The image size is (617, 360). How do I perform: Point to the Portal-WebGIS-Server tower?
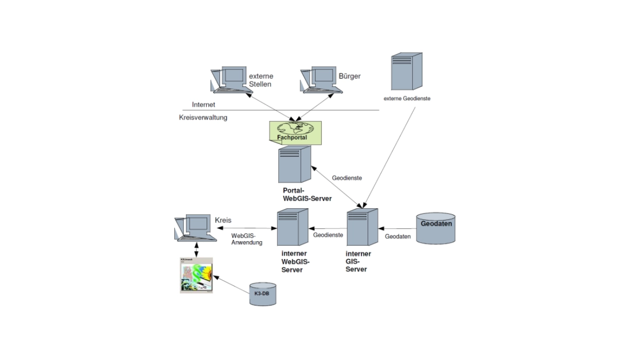295,164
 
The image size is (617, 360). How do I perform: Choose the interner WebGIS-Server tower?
292,227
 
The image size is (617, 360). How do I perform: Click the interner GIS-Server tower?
362,227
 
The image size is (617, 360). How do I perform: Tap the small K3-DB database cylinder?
262,294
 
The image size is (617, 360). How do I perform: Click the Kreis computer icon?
195,227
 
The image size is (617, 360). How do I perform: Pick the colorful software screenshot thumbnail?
196,275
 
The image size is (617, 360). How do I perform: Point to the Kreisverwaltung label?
203,117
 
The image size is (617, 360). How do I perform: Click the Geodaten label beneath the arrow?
398,237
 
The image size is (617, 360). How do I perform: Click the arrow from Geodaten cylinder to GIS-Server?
397,228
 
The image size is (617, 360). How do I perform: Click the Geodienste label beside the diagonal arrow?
348,178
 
